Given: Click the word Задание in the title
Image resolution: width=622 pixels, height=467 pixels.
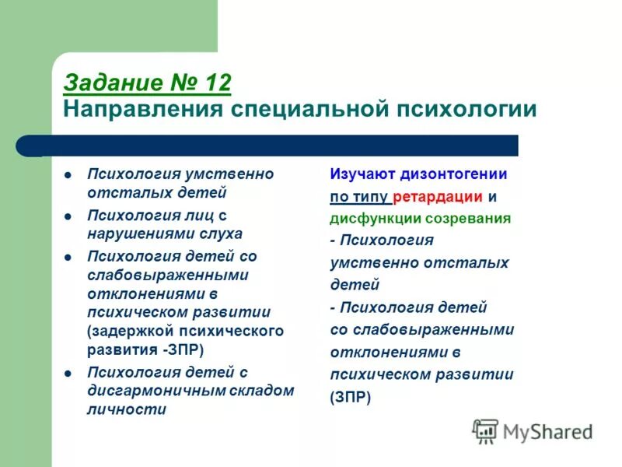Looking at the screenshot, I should click(x=108, y=83).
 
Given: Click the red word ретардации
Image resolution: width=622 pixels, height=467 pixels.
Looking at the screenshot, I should click(x=439, y=196).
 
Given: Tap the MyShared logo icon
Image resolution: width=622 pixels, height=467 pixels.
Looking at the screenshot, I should click(x=485, y=430).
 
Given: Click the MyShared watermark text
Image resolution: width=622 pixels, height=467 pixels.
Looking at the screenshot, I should click(x=547, y=431).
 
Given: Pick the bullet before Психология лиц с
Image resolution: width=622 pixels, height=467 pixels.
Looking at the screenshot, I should click(x=68, y=215).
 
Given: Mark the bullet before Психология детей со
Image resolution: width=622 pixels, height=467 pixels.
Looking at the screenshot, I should click(x=68, y=256).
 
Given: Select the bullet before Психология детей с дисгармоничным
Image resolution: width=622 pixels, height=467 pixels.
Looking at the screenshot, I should click(x=68, y=373).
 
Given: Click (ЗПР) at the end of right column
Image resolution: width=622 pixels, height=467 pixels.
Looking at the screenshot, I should click(x=351, y=396).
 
